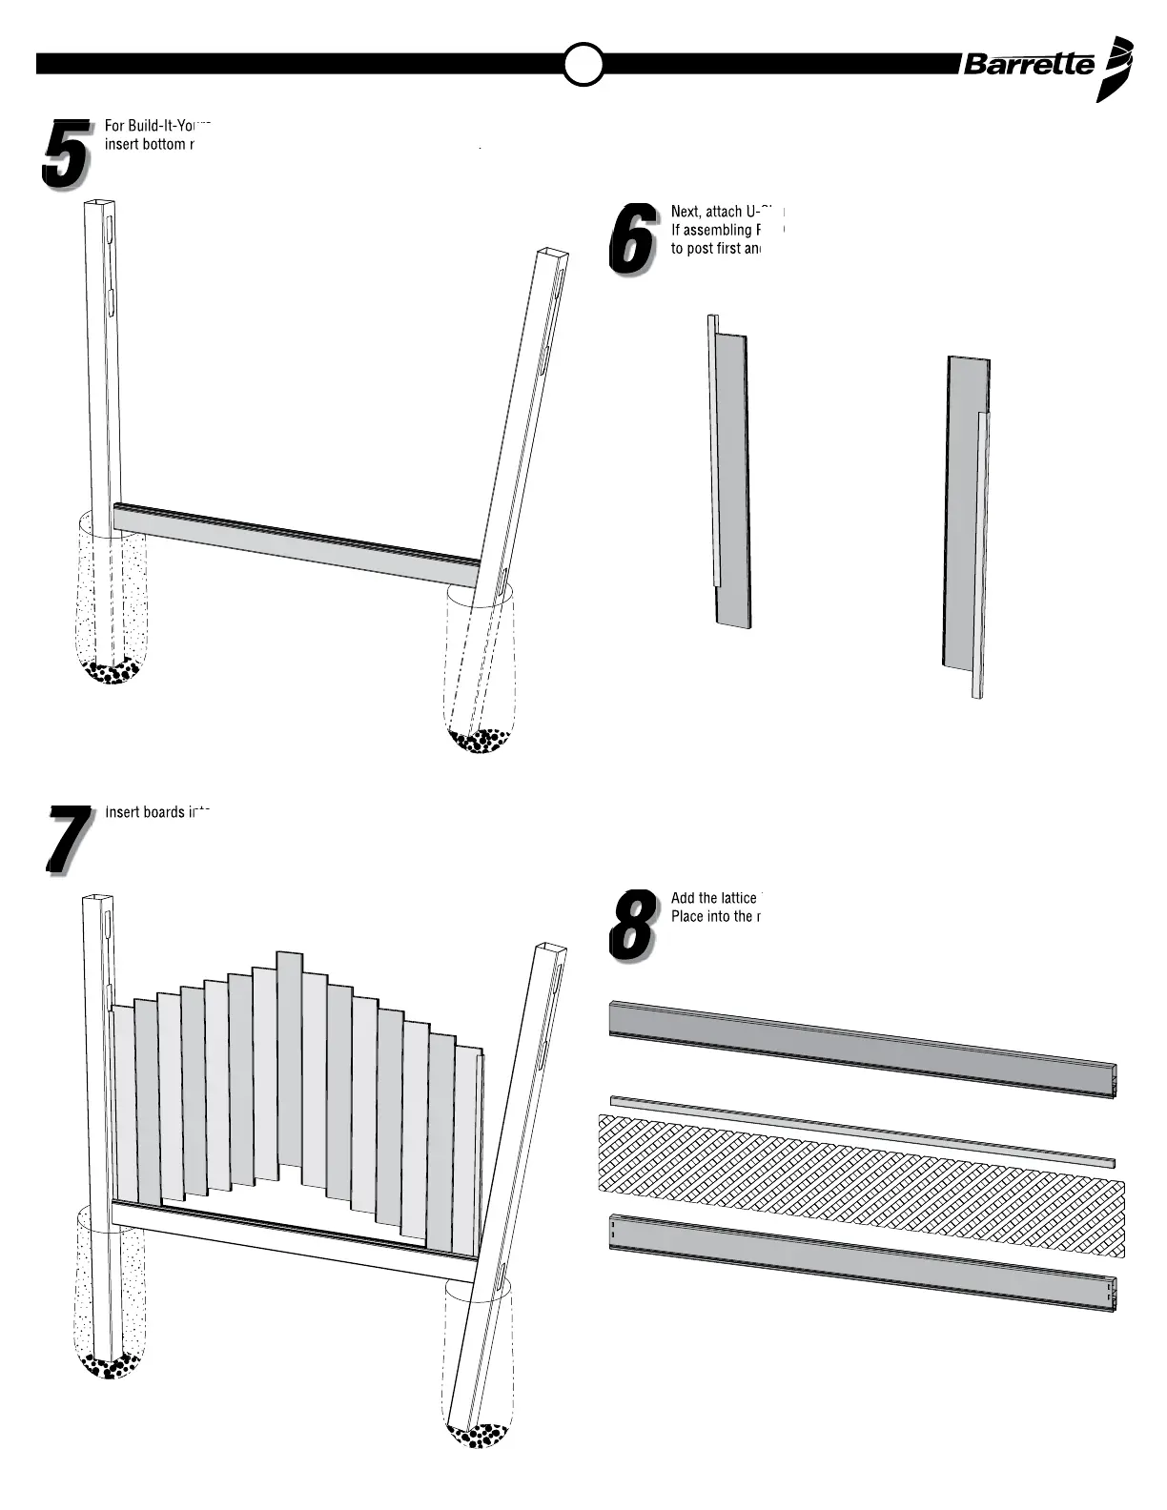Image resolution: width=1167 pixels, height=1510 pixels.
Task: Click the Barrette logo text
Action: pos(1029,64)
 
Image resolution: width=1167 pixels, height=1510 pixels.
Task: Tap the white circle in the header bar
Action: pos(583,64)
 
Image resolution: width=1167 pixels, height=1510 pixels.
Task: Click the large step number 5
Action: pos(65,153)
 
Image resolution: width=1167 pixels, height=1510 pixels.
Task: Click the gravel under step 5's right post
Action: pos(480,740)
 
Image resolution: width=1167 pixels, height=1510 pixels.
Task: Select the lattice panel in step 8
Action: pos(858,1182)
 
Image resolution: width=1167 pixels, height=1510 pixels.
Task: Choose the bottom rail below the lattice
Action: pos(858,1260)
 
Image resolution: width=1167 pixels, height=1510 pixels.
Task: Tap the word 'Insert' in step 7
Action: pos(122,813)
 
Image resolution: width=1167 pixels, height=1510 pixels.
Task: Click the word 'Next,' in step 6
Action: pos(686,212)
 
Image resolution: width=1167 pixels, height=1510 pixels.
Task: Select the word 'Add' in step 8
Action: pos(683,898)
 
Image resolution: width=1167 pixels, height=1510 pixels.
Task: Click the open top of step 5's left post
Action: pos(99,203)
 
